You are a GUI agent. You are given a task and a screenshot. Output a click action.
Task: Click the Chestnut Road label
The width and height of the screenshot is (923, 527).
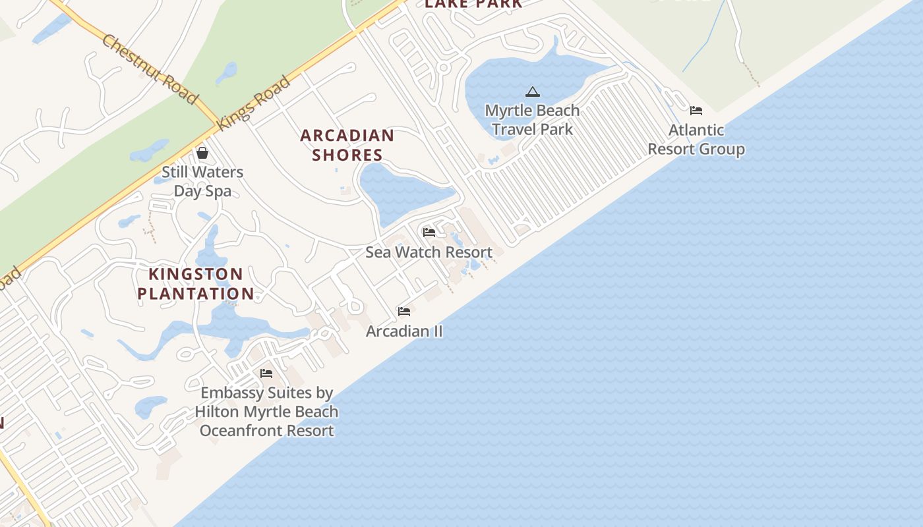point(150,69)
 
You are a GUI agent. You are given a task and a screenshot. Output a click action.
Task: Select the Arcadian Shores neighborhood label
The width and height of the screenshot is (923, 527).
point(347,145)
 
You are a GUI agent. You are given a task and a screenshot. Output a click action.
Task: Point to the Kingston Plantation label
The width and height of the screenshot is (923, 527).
point(196,284)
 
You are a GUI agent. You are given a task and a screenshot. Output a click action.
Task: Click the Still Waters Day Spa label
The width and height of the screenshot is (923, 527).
point(202,182)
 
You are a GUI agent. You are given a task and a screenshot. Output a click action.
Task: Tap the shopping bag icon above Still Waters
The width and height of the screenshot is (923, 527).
point(202,153)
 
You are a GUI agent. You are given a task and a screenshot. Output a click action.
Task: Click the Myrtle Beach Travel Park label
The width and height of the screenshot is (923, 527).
point(532,119)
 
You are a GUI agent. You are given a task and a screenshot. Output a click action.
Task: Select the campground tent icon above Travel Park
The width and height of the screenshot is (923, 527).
point(533,92)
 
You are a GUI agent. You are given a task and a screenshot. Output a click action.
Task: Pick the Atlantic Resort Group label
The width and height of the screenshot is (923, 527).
point(696,140)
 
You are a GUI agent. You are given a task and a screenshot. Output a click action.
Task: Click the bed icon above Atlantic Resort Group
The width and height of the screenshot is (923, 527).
point(696,110)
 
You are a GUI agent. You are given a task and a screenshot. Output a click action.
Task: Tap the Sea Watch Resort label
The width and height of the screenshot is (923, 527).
point(429,252)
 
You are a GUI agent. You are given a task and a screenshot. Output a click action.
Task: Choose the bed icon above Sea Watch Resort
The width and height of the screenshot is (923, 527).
point(429,232)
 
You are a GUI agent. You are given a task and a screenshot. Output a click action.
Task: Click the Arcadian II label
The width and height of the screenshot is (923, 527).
point(404,331)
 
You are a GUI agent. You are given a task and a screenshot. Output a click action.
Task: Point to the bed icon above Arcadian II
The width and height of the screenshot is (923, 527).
point(404,311)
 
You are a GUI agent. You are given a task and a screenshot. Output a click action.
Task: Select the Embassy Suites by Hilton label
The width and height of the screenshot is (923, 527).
point(266,412)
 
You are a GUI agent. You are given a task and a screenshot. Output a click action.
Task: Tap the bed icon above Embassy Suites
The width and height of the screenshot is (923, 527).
point(266,373)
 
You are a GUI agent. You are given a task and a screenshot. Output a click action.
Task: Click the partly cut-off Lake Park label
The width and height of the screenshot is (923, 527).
point(473,4)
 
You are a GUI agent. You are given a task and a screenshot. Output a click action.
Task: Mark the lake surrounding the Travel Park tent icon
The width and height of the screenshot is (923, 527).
point(501,79)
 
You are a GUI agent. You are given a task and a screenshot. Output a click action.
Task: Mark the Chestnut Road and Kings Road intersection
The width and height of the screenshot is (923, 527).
point(217,123)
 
